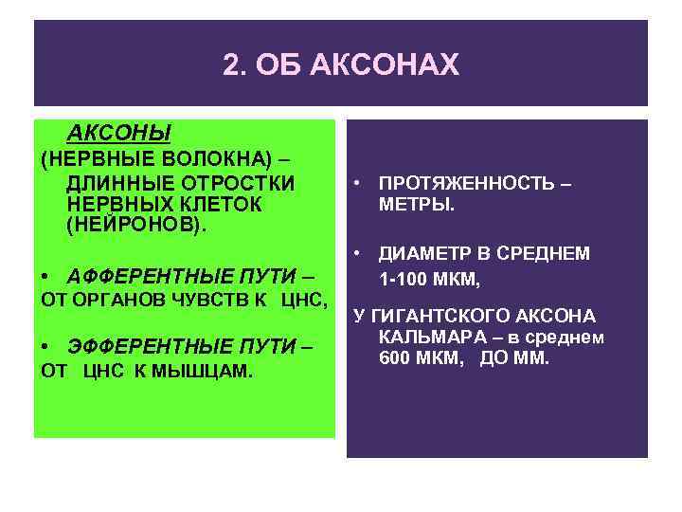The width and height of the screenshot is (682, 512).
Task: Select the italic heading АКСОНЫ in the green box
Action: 118,133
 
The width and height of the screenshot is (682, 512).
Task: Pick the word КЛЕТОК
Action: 224,205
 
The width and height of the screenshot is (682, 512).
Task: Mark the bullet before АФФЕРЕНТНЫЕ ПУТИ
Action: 46,276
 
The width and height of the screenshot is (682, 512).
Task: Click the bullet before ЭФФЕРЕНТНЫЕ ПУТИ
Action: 46,347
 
